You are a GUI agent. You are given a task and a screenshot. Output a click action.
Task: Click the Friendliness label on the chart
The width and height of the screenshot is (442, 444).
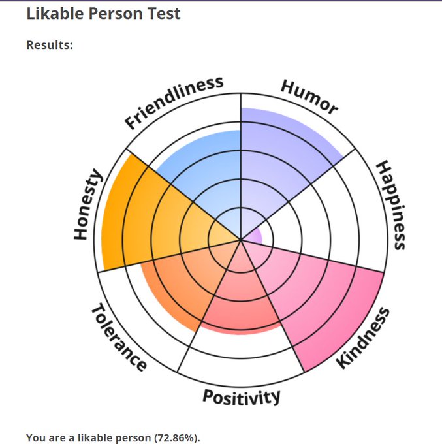tap(174, 102)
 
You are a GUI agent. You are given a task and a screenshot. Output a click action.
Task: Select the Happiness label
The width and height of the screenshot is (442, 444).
tap(392, 205)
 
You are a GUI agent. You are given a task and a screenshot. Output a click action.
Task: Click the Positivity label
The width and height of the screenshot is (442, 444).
tap(242, 396)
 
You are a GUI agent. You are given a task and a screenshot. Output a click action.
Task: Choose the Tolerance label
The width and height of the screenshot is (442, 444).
tap(118, 338)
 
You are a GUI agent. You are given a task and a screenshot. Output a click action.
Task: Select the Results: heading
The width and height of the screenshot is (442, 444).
tap(50, 46)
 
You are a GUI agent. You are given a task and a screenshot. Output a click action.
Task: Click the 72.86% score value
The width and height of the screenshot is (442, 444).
tap(175, 437)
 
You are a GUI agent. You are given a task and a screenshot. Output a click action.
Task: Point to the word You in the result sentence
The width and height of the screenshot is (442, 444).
tap(36, 437)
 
